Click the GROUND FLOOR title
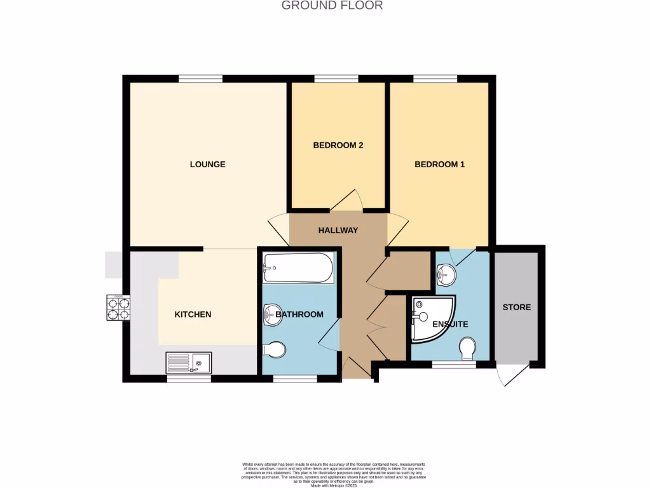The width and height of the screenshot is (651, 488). tap(332, 6)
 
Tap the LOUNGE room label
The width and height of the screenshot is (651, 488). tap(207, 165)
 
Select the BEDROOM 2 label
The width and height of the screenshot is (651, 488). tap(338, 146)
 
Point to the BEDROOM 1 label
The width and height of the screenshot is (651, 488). tap(439, 165)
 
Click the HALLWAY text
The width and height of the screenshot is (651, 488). tap(338, 231)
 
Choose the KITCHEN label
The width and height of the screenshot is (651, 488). tap(193, 315)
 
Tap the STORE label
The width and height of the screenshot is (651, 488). tap(516, 308)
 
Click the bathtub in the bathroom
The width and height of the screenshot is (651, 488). tap(298, 268)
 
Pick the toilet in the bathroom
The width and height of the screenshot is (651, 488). tap(274, 349)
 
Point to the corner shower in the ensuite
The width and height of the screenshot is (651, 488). tap(432, 319)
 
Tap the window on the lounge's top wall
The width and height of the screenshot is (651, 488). tap(200, 79)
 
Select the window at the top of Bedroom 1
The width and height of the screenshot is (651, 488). tap(435, 79)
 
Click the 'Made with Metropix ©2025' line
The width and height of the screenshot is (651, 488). tap(334, 485)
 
